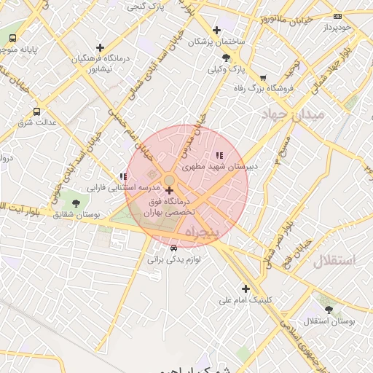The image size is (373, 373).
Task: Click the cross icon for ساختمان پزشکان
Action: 216,30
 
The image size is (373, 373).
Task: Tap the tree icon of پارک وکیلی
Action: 227,58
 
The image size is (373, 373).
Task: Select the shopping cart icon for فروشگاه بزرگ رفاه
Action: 262,77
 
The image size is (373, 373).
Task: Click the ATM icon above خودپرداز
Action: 337,16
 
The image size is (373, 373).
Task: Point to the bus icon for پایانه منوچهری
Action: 12,38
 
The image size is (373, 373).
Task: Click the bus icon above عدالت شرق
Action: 36,111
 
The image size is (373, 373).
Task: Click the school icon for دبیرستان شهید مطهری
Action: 219,155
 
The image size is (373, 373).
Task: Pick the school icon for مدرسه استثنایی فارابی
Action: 123,176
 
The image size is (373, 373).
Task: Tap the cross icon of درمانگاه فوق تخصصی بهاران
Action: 170,190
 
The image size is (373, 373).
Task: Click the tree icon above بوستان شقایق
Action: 76,203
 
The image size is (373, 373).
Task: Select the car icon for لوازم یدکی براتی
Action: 173,248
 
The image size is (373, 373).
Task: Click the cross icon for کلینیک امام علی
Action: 246,288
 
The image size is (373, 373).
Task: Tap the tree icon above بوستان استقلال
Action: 329,310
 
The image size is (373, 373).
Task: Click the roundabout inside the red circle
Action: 168,180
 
